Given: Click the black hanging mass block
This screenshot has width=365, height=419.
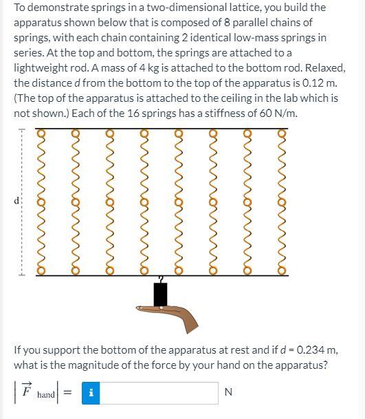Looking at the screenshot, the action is [161, 294].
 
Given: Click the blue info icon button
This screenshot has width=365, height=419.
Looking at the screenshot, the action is [91, 392].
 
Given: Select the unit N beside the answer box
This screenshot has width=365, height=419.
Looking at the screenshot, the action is [229, 392].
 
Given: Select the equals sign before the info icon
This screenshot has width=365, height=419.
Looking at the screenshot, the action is [68, 393].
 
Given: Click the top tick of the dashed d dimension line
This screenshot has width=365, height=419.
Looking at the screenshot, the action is [21, 131].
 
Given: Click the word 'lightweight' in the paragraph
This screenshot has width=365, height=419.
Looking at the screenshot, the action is [42, 68].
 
